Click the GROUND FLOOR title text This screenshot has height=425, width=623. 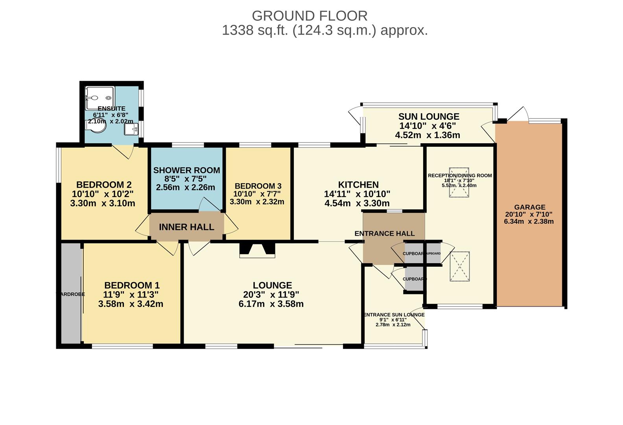point(310,16)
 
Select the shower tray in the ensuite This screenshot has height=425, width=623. point(100,98)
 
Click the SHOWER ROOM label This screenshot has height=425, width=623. point(186,170)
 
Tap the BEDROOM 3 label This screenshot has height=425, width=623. point(258,186)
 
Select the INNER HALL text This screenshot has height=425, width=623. point(186,227)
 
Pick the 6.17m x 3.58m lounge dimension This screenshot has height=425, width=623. point(271,304)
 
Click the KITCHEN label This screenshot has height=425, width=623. point(358,185)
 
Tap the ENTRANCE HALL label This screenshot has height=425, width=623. point(384,233)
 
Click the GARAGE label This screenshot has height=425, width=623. point(529,207)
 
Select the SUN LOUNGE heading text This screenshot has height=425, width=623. point(429,116)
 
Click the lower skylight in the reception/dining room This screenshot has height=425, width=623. point(460,266)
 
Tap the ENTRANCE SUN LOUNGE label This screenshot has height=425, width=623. point(394,315)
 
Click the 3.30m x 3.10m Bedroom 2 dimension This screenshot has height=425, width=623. point(103,203)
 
